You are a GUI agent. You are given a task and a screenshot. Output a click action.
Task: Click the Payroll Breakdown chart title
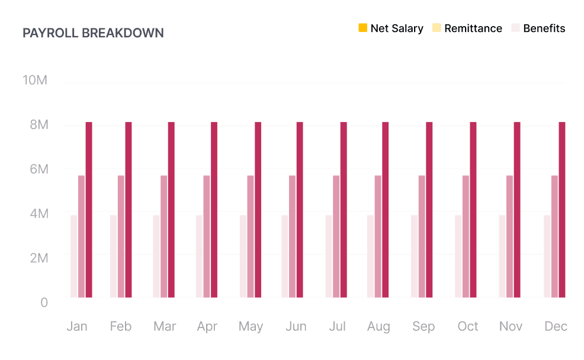click(93, 33)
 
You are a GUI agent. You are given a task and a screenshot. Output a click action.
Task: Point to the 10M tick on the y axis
click(35, 81)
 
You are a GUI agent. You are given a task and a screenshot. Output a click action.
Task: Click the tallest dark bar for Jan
click(89, 210)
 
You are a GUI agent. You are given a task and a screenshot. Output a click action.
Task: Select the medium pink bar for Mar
click(163, 236)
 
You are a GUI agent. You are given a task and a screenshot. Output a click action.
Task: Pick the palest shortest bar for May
click(243, 256)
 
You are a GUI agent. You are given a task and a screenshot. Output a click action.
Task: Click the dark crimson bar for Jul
click(344, 210)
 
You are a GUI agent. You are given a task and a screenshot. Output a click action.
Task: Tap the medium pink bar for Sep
click(422, 236)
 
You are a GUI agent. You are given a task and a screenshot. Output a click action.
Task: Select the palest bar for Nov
click(502, 256)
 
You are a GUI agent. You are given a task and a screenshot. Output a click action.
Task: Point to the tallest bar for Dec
click(562, 210)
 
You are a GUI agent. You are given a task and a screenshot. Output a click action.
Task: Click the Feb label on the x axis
click(120, 327)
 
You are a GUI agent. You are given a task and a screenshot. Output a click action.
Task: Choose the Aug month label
click(378, 327)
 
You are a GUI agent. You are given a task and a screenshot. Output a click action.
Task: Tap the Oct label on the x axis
click(468, 327)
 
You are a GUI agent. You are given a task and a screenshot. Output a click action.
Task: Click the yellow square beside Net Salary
click(363, 28)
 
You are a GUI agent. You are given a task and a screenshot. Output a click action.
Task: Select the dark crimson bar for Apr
click(214, 210)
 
